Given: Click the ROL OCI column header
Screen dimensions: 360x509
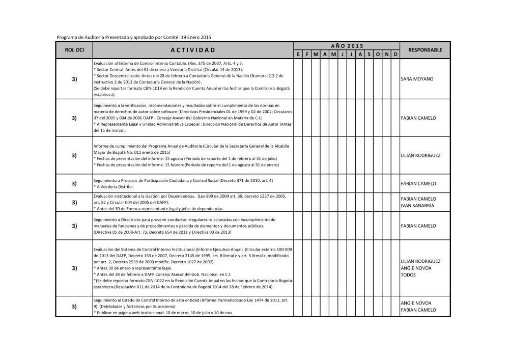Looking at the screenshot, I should click(74, 50).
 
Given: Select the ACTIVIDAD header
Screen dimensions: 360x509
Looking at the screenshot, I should click(193, 50).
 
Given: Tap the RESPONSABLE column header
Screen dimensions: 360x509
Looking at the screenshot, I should click(425, 50).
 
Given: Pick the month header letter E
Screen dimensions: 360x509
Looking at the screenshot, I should click(298, 54).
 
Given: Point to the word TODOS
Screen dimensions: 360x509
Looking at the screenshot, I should click(409, 275).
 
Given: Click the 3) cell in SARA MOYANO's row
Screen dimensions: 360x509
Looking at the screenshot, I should click(74, 79).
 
